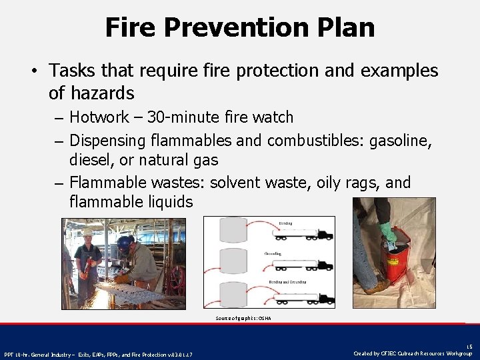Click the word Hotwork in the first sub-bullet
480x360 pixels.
click(99, 117)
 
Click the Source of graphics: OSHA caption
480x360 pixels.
click(243, 318)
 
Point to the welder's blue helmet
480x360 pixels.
click(125, 243)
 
